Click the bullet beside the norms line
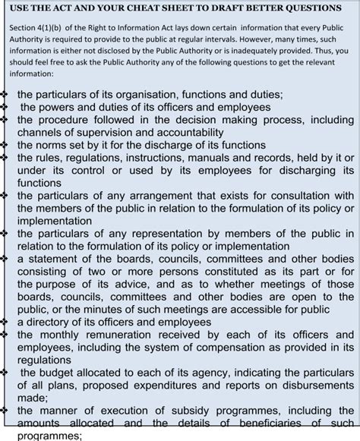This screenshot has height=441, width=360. [x=5, y=143]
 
